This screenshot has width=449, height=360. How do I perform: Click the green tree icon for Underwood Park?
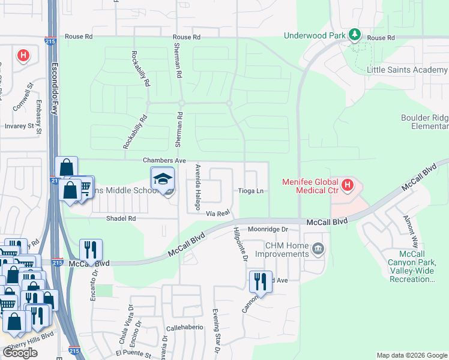click(x=355, y=35)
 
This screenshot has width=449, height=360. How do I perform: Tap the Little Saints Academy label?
click(x=407, y=70)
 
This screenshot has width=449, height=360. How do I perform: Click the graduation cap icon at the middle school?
click(x=162, y=179)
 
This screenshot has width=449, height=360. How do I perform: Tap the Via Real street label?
click(x=218, y=213)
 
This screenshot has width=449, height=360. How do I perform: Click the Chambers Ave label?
click(x=164, y=160)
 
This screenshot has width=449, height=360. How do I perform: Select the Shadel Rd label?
click(x=121, y=218)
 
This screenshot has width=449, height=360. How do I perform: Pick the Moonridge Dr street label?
click(x=268, y=229)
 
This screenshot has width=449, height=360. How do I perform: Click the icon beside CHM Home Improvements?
click(x=318, y=248)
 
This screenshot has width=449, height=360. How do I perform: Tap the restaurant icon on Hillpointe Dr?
click(x=261, y=280)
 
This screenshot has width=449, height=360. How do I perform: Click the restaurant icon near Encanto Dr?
click(x=91, y=248)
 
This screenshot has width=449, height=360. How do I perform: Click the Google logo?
click(x=20, y=353)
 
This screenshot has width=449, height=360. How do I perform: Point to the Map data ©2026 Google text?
click(x=411, y=355)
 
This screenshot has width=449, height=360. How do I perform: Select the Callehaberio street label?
click(x=184, y=328)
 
